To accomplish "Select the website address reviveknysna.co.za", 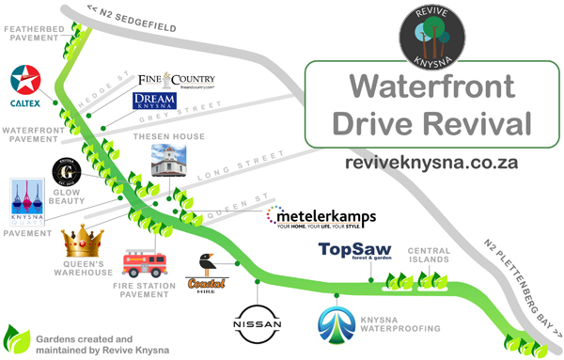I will (432, 162).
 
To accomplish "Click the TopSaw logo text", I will (352, 250).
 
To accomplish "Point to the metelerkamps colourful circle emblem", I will (273, 216).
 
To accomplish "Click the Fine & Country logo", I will (177, 81).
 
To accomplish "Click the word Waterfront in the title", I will (432, 87).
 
